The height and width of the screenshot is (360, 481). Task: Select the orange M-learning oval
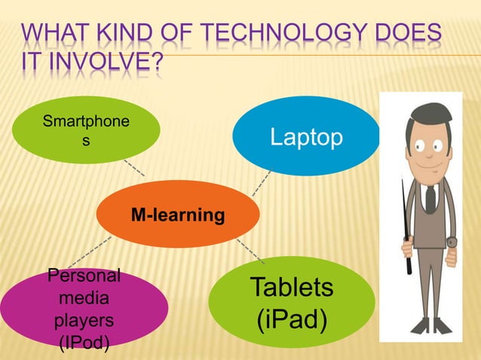(x=178, y=215)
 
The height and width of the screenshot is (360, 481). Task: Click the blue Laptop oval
(x=306, y=136)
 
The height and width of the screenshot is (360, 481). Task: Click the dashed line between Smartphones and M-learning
(x=133, y=167)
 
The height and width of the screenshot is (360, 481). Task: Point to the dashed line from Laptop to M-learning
(x=262, y=183)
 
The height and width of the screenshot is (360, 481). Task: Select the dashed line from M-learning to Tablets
(x=250, y=249)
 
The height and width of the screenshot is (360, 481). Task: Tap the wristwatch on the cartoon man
(x=453, y=242)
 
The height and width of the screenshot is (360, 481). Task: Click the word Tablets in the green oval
(x=292, y=287)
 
